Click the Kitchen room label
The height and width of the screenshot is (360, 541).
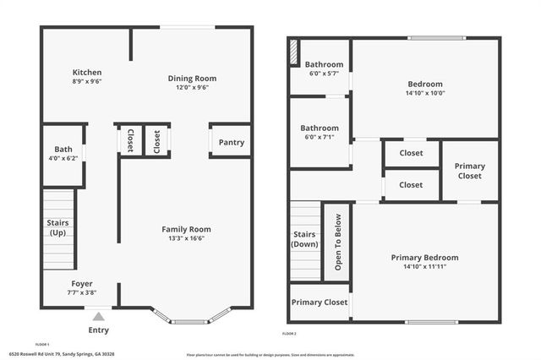[x=87, y=73]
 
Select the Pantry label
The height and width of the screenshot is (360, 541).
[x=231, y=142]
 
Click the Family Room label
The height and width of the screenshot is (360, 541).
[x=186, y=229]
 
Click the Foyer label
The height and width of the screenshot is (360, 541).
[x=81, y=283]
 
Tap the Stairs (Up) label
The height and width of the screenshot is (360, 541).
[x=57, y=228]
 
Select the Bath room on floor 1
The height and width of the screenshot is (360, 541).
[x=63, y=154]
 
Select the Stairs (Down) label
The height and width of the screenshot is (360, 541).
[x=304, y=238]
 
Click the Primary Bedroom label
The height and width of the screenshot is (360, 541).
[x=424, y=257]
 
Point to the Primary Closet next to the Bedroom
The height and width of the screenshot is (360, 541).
[x=470, y=171]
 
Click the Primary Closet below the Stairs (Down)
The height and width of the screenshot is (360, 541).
[x=319, y=302]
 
